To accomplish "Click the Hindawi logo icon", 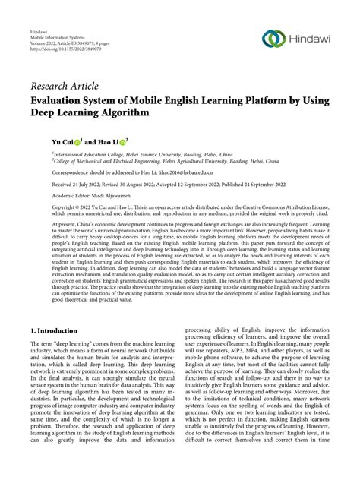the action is [x=270, y=38].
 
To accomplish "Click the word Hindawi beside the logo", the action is [x=306, y=38].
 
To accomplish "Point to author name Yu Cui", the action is [x=62, y=141].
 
